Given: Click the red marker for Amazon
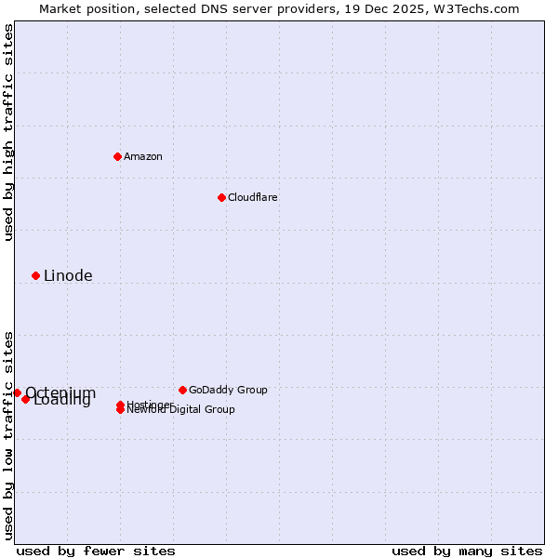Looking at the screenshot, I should pyautogui.click(x=117, y=156).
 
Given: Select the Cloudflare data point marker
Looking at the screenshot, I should pyautogui.click(x=221, y=197).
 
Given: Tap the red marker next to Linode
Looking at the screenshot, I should pyautogui.click(x=35, y=275).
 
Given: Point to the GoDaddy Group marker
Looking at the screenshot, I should pyautogui.click(x=182, y=390).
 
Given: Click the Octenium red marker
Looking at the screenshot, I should pyautogui.click(x=17, y=392).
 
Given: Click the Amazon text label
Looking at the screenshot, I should pyautogui.click(x=143, y=156).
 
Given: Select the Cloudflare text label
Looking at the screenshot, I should pyautogui.click(x=253, y=197).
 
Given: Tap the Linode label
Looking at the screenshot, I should pyautogui.click(x=68, y=275).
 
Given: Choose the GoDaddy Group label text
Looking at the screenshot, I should pyautogui.click(x=228, y=390).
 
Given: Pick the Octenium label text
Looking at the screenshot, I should pyautogui.click(x=60, y=392).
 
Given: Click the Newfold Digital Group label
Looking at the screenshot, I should pyautogui.click(x=181, y=410).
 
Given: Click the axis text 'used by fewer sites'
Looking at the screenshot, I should pyautogui.click(x=96, y=551).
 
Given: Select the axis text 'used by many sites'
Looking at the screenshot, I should pyautogui.click(x=467, y=551).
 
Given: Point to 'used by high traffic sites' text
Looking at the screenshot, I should pyautogui.click(x=8, y=133).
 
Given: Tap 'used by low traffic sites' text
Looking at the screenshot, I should pyautogui.click(x=8, y=435).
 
